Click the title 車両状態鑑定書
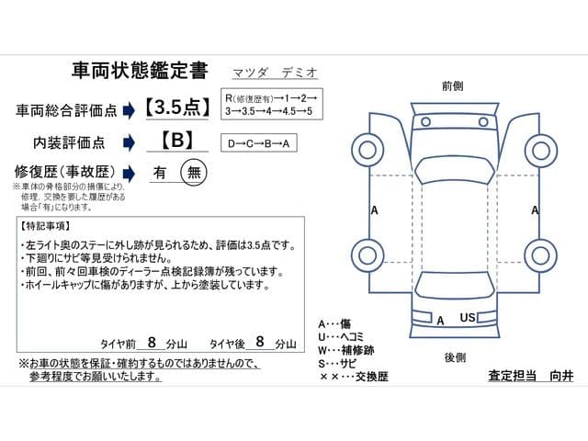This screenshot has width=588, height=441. [x=139, y=71]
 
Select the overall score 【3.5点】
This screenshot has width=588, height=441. [x=177, y=108]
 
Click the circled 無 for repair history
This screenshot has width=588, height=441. [x=193, y=172]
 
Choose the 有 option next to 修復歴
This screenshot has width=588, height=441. [x=160, y=172]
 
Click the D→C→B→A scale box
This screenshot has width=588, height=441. [x=260, y=143]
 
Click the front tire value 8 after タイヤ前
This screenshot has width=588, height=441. [x=152, y=341]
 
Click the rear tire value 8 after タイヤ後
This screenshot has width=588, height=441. [x=260, y=341]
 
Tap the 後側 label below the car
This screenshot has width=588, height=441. [x=454, y=356]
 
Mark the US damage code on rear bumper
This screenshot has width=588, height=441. [x=468, y=318]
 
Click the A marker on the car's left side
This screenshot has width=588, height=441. [x=374, y=210]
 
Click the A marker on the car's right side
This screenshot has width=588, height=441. [x=535, y=210]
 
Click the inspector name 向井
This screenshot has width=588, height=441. [x=560, y=378]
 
